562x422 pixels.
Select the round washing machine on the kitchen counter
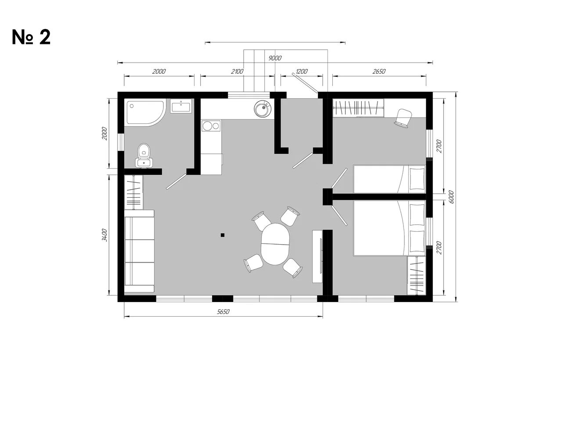[262, 108]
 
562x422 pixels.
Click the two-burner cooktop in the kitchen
[211, 126]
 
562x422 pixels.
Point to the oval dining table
[275, 244]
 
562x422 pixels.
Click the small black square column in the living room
[223, 235]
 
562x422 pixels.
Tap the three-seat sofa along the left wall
[139, 251]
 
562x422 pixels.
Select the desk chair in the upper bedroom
[403, 118]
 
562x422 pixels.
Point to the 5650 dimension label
[223, 312]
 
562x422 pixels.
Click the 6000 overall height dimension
[451, 197]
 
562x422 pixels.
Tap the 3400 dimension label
[104, 235]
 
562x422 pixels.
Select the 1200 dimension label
[301, 72]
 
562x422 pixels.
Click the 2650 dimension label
[378, 72]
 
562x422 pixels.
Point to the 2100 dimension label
[237, 72]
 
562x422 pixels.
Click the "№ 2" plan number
[31, 37]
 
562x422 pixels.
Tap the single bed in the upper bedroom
[389, 179]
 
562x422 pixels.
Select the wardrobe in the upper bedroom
[358, 108]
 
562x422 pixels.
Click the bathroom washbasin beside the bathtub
[181, 106]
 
